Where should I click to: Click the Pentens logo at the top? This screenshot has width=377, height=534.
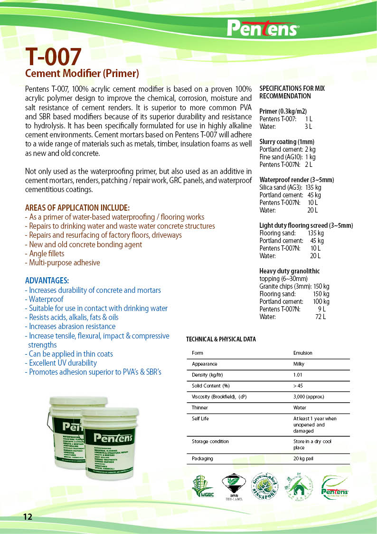click(263, 28)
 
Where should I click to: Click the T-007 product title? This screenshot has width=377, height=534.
click(54, 58)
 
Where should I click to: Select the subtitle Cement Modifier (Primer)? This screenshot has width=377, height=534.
click(81, 74)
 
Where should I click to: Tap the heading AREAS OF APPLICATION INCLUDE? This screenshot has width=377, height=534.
click(77, 208)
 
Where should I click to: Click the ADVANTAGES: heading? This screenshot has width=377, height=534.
click(47, 281)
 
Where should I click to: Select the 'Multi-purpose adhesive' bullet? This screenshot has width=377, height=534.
click(62, 262)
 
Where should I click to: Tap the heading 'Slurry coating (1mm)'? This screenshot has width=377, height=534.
click(287, 142)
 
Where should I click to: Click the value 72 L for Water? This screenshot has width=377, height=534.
click(320, 317)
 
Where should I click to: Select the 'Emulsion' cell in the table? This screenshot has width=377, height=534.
click(303, 353)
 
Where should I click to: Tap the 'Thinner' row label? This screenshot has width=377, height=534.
click(200, 408)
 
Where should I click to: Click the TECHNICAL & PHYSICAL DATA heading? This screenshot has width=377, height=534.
click(221, 339)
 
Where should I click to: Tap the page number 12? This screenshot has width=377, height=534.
click(28, 516)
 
